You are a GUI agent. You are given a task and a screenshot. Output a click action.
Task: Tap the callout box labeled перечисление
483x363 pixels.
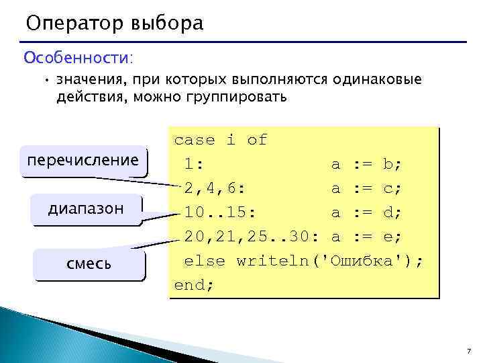coord(83,161)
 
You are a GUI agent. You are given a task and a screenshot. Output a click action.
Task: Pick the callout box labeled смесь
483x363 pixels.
coord(89,264)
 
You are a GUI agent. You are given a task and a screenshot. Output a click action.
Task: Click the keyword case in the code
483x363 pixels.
coord(195,140)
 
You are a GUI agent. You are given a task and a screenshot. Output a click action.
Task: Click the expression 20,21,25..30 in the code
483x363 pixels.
coord(251,237)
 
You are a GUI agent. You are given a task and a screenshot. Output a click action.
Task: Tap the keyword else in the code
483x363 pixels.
coord(205,261)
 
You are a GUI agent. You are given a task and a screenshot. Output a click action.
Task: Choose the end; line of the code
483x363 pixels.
coord(194,284)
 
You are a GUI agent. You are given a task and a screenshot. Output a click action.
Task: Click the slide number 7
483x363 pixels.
coord(468,352)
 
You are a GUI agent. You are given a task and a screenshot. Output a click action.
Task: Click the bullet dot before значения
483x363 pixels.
coord(46,81)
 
